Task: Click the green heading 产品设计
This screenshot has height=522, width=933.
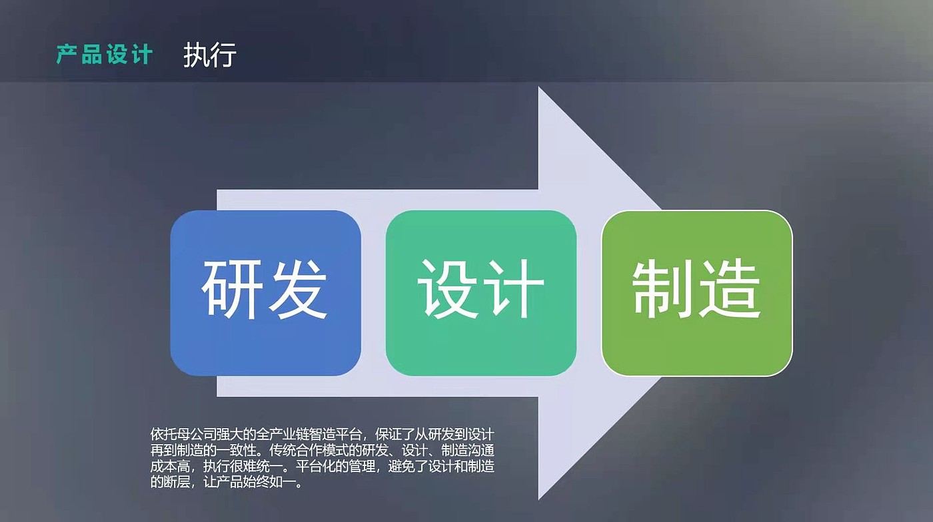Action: pyautogui.click(x=105, y=55)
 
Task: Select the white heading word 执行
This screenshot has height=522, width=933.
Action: pyautogui.click(x=210, y=55)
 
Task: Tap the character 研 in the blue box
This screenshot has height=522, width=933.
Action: pyautogui.click(x=232, y=290)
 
